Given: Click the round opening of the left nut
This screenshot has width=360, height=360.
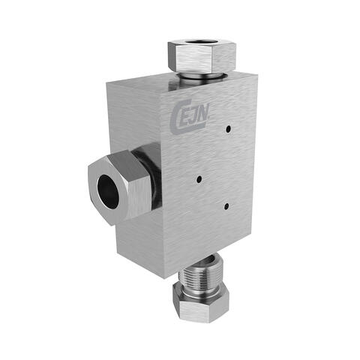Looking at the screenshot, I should point(107,187).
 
